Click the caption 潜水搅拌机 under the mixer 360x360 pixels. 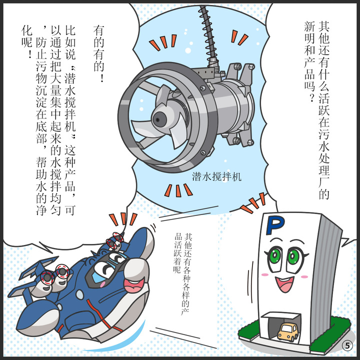click(216, 177)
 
